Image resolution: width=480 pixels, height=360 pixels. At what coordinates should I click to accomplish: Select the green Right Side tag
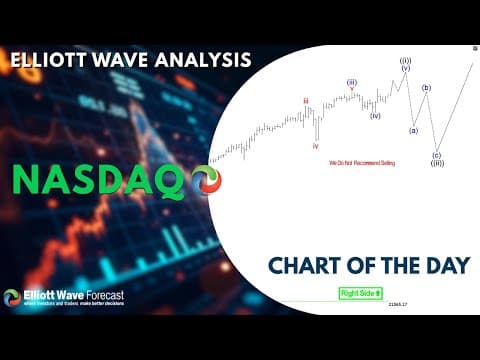[x=360, y=293]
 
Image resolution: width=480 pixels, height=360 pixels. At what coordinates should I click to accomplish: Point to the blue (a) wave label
[x=413, y=130]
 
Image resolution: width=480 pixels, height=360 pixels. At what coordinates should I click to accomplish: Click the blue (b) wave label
[x=426, y=88]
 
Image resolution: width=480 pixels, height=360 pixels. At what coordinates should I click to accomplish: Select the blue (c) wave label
[x=437, y=155]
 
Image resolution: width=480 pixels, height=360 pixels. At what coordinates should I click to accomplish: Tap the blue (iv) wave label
[x=375, y=116]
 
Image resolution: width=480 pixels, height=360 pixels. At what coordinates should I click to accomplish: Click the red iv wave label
[x=316, y=145]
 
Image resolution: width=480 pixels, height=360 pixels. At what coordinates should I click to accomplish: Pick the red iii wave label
[x=306, y=100]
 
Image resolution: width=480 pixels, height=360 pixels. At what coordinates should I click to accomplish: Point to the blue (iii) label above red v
[x=352, y=82]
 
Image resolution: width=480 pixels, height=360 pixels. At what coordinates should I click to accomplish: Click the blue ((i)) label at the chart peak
[x=405, y=61]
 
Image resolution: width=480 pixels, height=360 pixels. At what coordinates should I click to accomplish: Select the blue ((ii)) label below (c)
[x=437, y=163]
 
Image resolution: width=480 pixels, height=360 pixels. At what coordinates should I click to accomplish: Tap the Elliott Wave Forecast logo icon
[x=12, y=298]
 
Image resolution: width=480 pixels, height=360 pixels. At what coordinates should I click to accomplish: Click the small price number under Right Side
[x=397, y=304]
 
